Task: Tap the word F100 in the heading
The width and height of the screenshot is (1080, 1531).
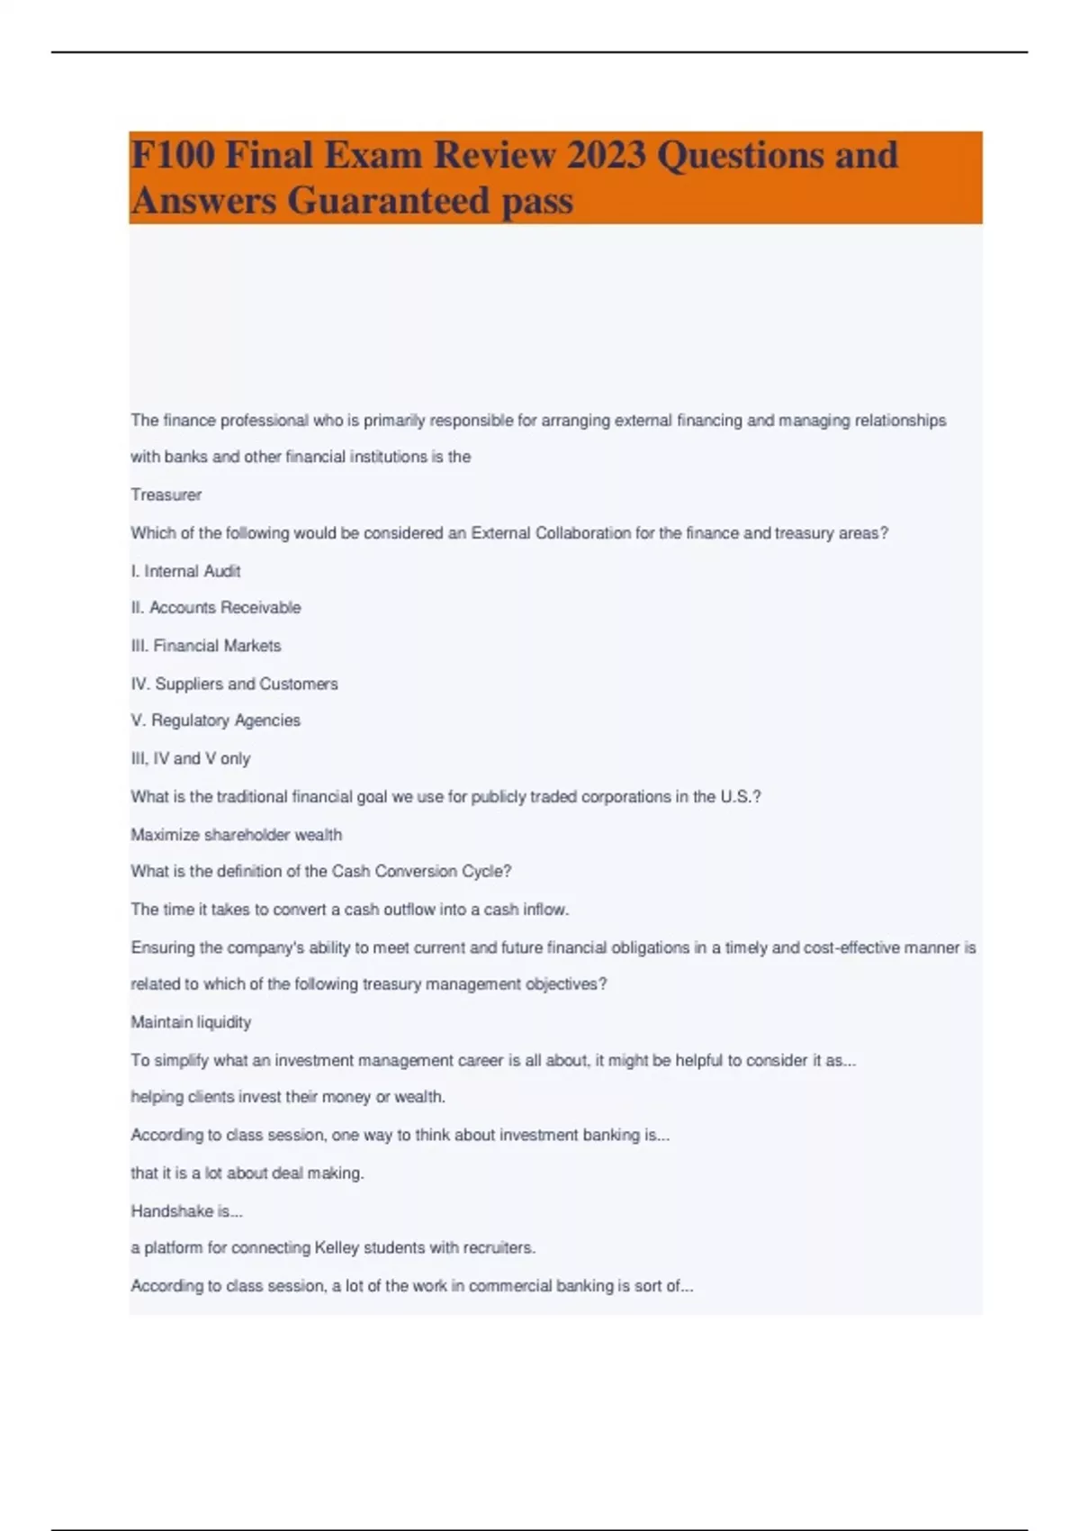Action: point(173,155)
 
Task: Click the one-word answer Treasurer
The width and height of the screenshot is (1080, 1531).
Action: point(166,494)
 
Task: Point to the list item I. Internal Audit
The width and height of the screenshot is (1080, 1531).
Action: point(185,571)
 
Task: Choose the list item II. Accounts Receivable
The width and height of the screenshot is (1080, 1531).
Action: point(216,608)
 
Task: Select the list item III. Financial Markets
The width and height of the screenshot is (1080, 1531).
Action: point(206,646)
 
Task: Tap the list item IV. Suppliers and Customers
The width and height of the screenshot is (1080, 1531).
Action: point(234,684)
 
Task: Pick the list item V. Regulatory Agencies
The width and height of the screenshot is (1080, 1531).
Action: point(215,720)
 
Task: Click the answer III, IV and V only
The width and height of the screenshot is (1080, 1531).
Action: point(190,758)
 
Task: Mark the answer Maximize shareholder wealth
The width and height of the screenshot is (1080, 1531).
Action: point(236,835)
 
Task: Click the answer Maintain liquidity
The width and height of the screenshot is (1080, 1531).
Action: point(191,1022)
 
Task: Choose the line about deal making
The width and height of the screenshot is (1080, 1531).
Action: point(247,1173)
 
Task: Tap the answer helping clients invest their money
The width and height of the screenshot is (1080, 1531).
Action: point(288,1097)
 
